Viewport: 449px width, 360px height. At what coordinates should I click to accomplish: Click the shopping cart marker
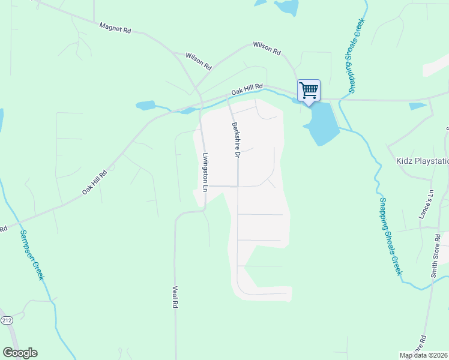(309, 91)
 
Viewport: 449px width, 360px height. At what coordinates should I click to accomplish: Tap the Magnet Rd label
(115, 28)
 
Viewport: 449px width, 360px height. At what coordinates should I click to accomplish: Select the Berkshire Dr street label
(235, 140)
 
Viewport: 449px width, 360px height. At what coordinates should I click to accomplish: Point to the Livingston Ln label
(205, 173)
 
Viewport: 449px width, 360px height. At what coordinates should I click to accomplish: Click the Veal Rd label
(175, 296)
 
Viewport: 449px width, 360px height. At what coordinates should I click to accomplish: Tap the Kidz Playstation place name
(423, 161)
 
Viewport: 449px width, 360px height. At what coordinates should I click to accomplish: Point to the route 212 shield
(7, 321)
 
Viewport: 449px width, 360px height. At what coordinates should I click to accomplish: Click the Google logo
(20, 353)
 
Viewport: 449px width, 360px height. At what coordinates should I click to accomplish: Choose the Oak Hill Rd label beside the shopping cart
(247, 89)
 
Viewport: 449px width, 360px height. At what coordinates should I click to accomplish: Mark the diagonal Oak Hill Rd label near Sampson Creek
(94, 182)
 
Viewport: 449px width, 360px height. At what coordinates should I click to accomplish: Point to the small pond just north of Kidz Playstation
(417, 106)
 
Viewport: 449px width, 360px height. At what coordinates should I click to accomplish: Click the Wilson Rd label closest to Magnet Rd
(199, 61)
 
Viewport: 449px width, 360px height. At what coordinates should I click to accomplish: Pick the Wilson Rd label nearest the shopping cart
(267, 48)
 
